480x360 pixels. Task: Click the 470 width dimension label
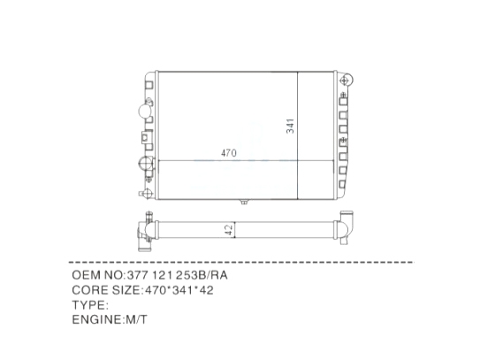229,153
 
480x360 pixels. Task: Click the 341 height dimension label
290,126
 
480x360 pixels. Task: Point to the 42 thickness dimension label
229,230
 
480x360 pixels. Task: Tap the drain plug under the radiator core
244,202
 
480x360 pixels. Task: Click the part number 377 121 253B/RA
178,275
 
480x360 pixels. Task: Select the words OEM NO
97,275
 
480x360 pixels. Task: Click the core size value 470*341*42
179,290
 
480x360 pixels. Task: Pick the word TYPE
88,305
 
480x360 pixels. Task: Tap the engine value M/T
136,319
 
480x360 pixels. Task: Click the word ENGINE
96,319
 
